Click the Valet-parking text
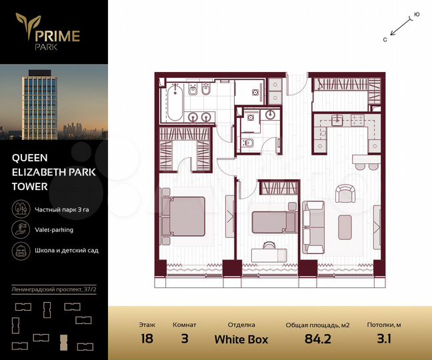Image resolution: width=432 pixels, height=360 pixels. (x=55, y=230)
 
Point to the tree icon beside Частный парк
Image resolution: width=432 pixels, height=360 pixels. (x=19, y=209)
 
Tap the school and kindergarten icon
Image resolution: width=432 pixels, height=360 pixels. (x=19, y=251)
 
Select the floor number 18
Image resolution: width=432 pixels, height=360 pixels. (x=147, y=338)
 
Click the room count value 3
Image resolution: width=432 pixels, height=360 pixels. (x=184, y=338)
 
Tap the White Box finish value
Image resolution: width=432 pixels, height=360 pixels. (x=241, y=339)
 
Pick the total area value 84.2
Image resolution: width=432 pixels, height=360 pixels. (x=317, y=339)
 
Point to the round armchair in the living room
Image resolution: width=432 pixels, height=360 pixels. (x=345, y=193)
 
